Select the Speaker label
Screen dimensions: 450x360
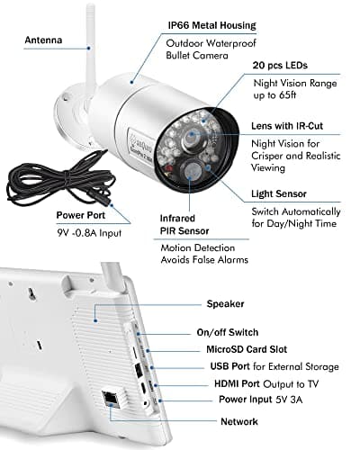(226, 304)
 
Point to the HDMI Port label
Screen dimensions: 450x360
(233, 384)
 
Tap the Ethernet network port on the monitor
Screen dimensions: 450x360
(112, 398)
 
